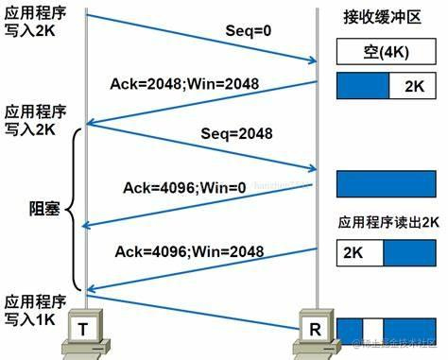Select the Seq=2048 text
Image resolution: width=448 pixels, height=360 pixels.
[238, 134]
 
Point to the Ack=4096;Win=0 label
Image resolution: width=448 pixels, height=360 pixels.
[183, 187]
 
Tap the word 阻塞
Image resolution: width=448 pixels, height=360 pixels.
[43, 210]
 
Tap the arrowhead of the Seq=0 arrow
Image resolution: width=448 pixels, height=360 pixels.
[311, 62]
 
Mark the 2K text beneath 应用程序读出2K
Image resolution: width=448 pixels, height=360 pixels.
[353, 252]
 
